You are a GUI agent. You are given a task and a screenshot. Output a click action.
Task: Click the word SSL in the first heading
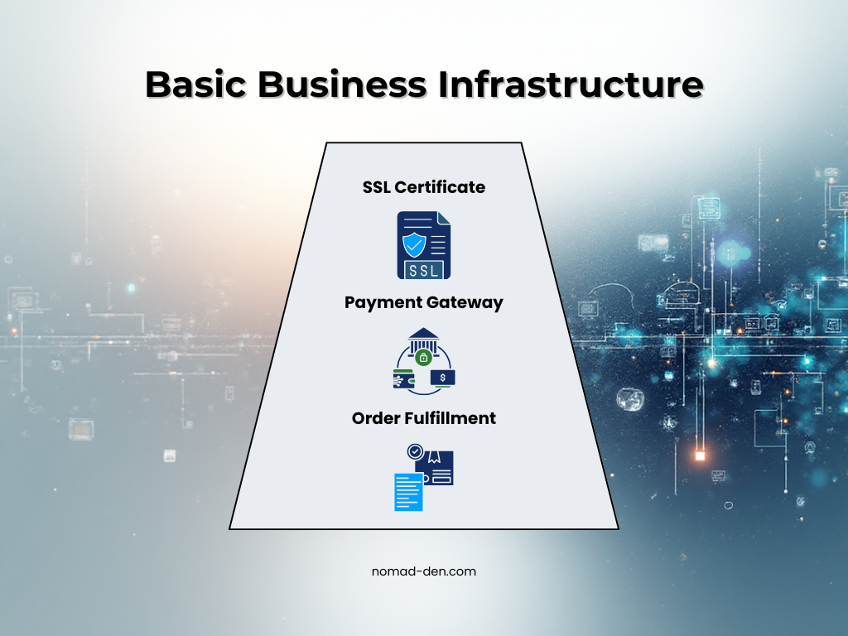tap(377, 187)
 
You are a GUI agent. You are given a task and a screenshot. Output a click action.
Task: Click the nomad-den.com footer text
tap(424, 571)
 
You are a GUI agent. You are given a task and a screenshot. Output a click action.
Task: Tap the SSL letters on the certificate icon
tap(423, 270)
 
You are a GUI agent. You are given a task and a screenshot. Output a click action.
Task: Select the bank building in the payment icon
tap(423, 340)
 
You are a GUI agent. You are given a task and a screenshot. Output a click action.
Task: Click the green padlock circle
tap(423, 358)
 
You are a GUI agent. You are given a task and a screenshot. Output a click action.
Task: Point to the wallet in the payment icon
tap(403, 378)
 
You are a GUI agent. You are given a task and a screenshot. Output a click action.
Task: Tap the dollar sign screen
tap(443, 378)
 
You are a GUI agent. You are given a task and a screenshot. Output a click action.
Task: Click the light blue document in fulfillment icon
tap(408, 491)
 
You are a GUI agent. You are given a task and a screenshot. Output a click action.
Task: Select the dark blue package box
tap(437, 469)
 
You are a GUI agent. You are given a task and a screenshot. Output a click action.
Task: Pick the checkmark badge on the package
tap(415, 452)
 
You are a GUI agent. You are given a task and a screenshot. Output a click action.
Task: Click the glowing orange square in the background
tap(700, 455)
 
